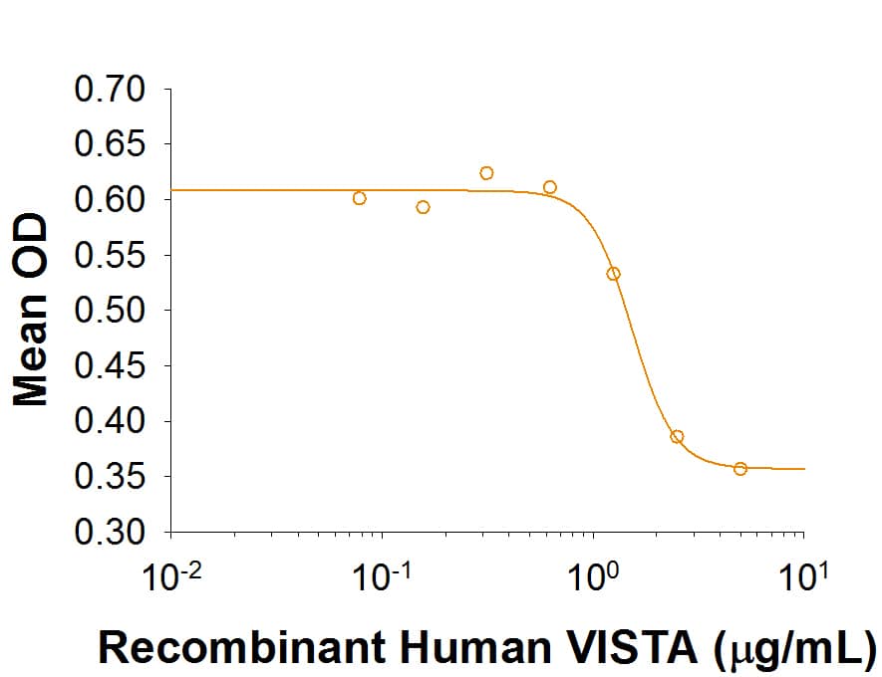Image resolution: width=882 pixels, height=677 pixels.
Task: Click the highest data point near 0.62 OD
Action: tap(486, 173)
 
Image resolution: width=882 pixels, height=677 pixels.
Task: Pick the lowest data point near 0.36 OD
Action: tap(740, 469)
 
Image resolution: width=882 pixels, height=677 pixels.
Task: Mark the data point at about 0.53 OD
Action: tap(614, 274)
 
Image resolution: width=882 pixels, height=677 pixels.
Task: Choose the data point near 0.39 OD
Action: tap(677, 436)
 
